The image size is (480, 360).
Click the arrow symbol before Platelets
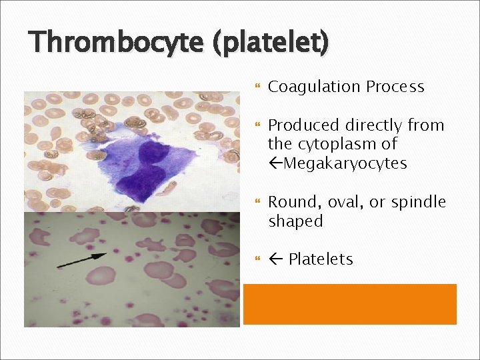click(x=275, y=259)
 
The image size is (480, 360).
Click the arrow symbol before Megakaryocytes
click(x=275, y=163)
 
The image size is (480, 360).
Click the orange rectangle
click(x=349, y=304)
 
